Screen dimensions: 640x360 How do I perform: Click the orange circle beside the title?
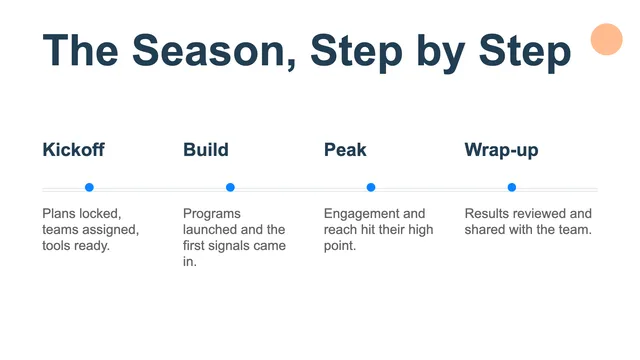click(x=607, y=39)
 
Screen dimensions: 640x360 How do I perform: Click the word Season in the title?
click(x=214, y=51)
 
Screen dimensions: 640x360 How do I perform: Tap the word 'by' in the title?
click(x=441, y=53)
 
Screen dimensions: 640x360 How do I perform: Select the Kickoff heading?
click(x=73, y=149)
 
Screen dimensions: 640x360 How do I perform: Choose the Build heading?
click(x=206, y=149)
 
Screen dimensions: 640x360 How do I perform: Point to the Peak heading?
click(x=345, y=149)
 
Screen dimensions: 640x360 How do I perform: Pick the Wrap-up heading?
click(x=501, y=150)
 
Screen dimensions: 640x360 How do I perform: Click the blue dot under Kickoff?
click(x=89, y=187)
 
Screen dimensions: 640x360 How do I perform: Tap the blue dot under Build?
click(x=230, y=187)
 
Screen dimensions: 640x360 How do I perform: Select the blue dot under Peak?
click(x=371, y=187)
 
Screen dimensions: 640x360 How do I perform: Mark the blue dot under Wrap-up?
click(x=512, y=187)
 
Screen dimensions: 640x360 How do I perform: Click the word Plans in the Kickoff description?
click(x=59, y=213)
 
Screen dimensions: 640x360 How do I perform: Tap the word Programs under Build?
click(x=212, y=214)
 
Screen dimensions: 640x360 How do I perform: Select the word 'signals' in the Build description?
click(x=227, y=246)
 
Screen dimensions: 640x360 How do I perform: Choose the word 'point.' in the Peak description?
click(x=340, y=246)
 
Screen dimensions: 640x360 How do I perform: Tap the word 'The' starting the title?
click(x=80, y=51)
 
